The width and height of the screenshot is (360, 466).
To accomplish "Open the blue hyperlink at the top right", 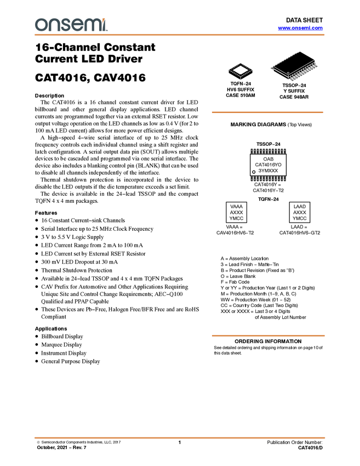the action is tap(300, 28).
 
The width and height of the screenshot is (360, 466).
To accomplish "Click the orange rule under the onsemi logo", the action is tap(180, 35).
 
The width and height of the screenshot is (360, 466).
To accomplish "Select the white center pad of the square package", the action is tap(240, 70).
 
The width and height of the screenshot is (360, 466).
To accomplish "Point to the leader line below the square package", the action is tap(241, 78).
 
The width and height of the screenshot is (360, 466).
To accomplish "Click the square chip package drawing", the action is tap(240, 70).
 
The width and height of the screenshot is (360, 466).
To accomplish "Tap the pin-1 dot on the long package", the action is tap(288, 74).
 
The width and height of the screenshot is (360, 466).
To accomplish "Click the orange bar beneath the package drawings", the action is tap(267, 112).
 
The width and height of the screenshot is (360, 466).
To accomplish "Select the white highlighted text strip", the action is tap(236, 317).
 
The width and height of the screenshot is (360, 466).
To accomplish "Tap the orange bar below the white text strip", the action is tap(268, 335).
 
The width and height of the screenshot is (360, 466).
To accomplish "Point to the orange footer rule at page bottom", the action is tap(180, 438).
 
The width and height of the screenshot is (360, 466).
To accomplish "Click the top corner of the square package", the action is tap(240, 64).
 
